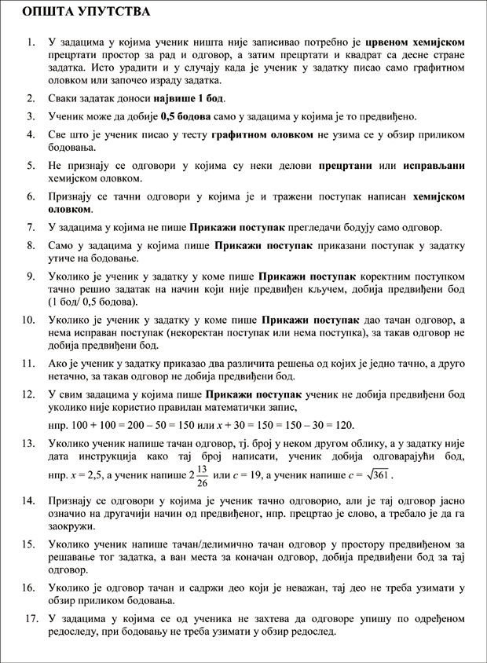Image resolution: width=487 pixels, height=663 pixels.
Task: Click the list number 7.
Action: coord(29,228)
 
